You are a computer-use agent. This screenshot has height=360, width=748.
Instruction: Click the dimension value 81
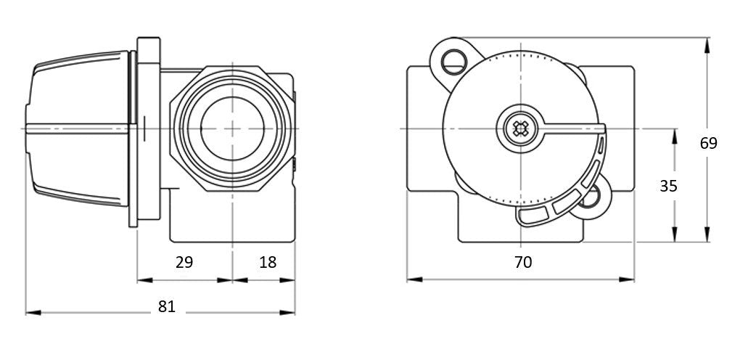tap(167, 306)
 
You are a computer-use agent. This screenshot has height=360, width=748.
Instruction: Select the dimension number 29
tap(184, 262)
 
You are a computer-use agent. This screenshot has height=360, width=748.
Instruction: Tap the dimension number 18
tap(268, 262)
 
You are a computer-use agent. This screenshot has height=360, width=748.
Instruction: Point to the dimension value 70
tap(523, 262)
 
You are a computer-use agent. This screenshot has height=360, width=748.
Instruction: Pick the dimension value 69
tap(708, 143)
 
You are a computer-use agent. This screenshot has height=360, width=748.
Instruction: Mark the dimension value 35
tap(668, 186)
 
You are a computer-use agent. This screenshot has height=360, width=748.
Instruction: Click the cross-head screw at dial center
tap(520, 128)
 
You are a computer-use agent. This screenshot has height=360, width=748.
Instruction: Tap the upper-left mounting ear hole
tap(453, 62)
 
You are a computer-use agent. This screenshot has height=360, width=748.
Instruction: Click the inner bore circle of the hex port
tap(232, 128)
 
